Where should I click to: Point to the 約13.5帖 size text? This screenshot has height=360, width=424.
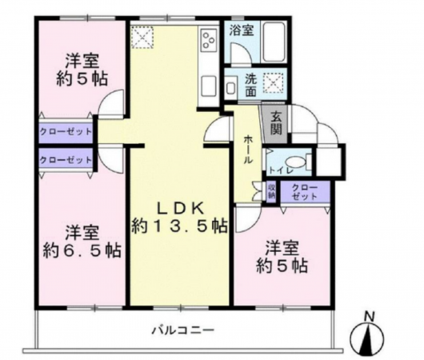click(x=180, y=226)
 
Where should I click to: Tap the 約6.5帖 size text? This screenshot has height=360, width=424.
click(x=82, y=250)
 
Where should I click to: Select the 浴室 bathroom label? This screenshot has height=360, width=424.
click(x=242, y=31)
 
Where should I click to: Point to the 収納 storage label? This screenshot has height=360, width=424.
click(x=270, y=190)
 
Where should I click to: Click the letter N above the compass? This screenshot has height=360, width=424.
click(x=368, y=315)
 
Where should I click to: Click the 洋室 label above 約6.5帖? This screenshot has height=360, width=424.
click(x=82, y=227)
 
